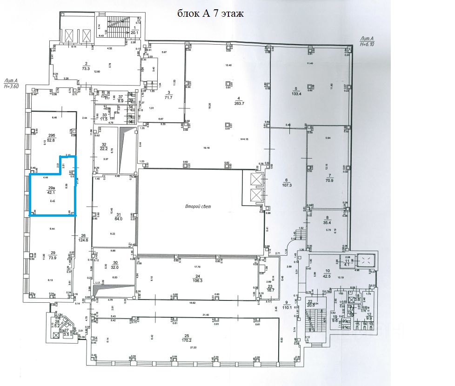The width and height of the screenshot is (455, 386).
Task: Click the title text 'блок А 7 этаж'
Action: tap(210, 13)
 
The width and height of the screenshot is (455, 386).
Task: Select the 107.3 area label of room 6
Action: tap(286, 185)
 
